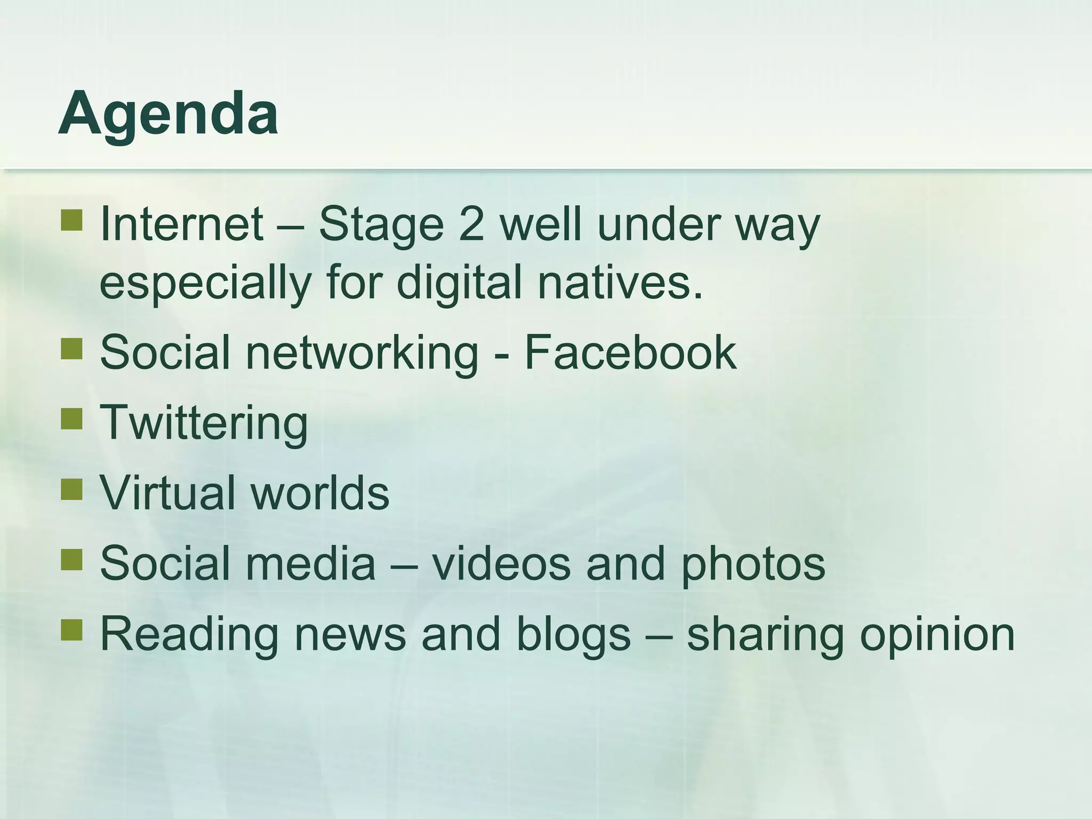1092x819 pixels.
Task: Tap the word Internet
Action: (181, 224)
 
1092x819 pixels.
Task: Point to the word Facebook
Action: (630, 352)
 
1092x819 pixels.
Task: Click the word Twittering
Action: (204, 423)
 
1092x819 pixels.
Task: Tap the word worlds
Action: (320, 493)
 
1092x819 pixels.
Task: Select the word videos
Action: (501, 564)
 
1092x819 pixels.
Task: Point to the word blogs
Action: (574, 635)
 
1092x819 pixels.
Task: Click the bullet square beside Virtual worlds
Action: (71, 489)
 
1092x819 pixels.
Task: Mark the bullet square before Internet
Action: (71, 220)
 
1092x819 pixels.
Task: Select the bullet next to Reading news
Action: (71, 630)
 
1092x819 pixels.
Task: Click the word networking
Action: (362, 354)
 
